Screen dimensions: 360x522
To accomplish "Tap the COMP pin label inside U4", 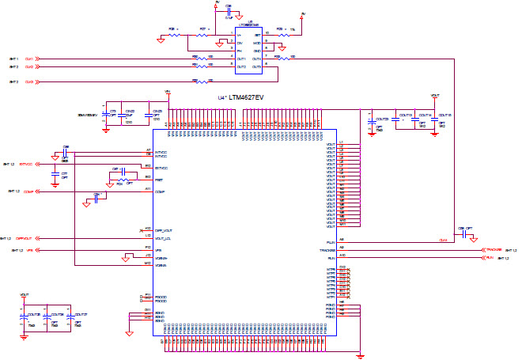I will tap(159, 191).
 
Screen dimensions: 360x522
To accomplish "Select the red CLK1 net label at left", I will tap(29, 59).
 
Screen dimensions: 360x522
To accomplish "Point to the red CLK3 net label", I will tap(29, 81).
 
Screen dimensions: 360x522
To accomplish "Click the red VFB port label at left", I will tap(29, 250).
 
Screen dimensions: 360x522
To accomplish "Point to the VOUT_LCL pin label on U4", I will tap(163, 238).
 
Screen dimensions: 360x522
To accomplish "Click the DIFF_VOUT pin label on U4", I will tap(164, 230).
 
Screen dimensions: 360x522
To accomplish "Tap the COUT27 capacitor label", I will tap(80, 314).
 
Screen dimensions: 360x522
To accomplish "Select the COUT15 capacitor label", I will tap(444, 115).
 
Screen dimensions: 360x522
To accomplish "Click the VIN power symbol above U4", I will tap(167, 93).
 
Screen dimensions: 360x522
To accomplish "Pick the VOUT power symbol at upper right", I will tap(435, 95).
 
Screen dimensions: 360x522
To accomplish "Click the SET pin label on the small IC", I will tap(257, 35).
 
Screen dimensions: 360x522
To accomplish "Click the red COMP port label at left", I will tap(28, 191).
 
